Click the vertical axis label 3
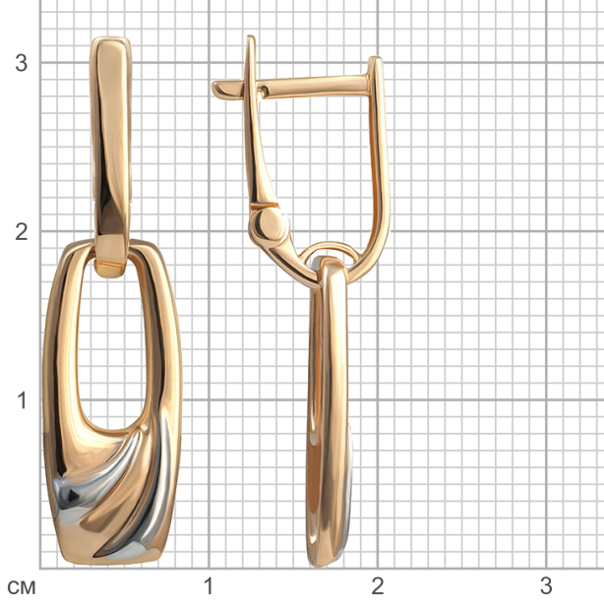click(x=22, y=63)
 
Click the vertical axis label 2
click(x=22, y=232)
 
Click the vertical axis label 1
click(x=23, y=400)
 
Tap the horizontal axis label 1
click(x=209, y=586)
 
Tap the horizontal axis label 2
click(x=378, y=586)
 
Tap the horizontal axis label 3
click(x=546, y=586)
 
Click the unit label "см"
click(x=22, y=588)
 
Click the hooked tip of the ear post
click(x=218, y=89)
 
